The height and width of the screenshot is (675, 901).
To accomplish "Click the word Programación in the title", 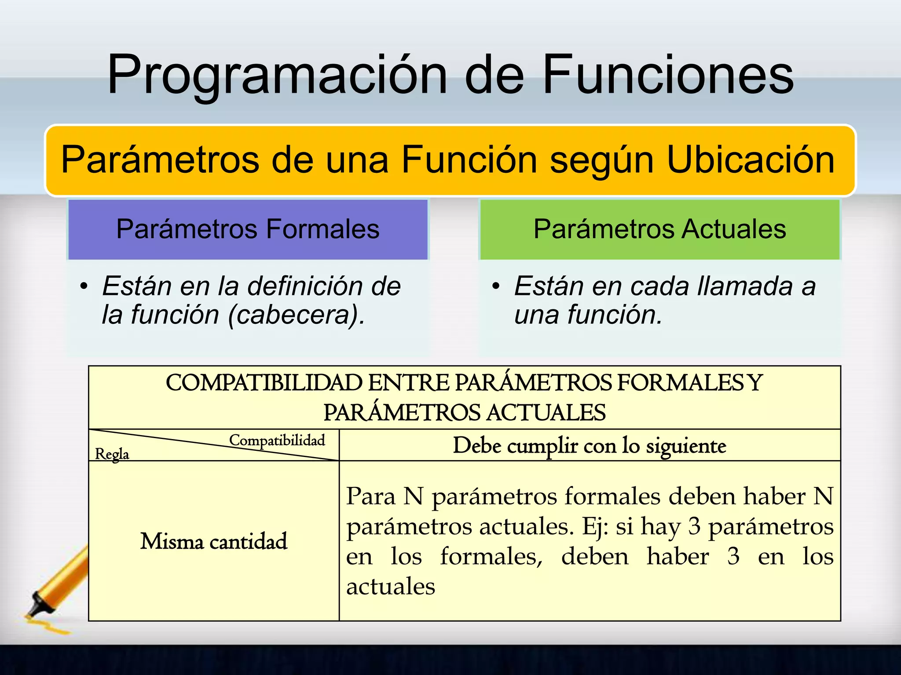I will [276, 75].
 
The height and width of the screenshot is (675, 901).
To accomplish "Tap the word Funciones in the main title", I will [668, 75].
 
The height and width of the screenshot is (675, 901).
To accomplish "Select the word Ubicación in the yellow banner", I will [751, 160].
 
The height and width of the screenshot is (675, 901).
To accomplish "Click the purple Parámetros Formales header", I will [248, 229].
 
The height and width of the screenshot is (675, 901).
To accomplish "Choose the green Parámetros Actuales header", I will [659, 229].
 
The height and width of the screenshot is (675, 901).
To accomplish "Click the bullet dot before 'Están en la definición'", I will [84, 287].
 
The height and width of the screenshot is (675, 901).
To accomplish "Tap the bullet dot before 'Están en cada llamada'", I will [496, 287].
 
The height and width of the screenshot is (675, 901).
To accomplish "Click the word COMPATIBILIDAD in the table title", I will [264, 383].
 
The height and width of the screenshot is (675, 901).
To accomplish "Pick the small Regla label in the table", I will [112, 454].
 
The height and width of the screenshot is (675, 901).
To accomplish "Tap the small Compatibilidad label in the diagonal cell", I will [277, 440].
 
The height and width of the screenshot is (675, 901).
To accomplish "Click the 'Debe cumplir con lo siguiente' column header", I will [590, 446].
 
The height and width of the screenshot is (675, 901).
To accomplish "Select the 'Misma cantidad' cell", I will [214, 541].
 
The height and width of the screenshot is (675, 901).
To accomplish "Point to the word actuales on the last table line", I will [391, 586].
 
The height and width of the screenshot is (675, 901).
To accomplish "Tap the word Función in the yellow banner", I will [469, 160].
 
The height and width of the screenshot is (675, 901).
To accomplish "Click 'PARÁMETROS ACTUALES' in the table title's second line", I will [465, 413].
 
